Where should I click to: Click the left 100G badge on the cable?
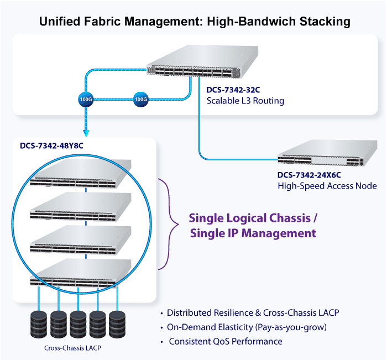[86, 100]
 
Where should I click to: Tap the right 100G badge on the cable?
[142, 100]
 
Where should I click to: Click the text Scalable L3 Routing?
[245, 101]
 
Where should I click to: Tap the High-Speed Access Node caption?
[327, 186]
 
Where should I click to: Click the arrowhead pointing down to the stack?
[86, 133]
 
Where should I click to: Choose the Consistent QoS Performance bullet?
[225, 341]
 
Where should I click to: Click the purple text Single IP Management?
[253, 233]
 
